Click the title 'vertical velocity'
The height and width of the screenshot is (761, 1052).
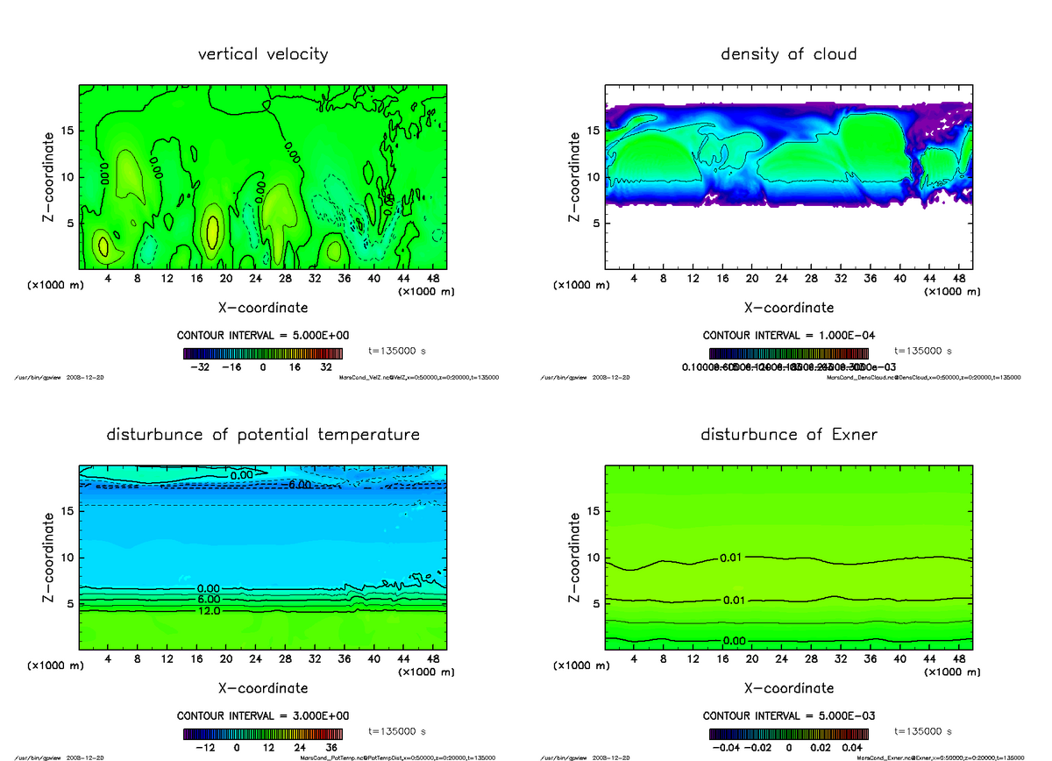(263, 54)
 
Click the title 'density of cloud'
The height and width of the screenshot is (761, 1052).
(788, 54)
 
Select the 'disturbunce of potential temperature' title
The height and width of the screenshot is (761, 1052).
(263, 435)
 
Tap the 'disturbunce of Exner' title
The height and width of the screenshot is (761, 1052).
(788, 435)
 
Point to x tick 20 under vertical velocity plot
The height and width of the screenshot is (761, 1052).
(226, 279)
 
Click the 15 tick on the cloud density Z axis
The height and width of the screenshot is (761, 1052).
(593, 131)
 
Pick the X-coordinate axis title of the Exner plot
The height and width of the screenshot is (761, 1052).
(788, 688)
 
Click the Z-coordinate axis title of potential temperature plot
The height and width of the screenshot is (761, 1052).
(52, 558)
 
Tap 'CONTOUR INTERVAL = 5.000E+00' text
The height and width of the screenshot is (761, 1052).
(263, 336)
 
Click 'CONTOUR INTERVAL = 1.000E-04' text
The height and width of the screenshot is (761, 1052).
(788, 336)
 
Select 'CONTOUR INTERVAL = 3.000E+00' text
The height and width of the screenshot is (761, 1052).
(263, 715)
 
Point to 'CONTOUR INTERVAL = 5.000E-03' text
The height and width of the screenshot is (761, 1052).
(788, 715)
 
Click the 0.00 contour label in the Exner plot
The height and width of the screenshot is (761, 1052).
(735, 641)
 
